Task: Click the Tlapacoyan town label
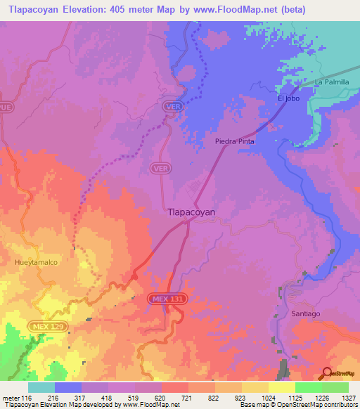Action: (x=191, y=211)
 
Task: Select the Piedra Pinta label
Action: (x=234, y=141)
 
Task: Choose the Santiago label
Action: (x=304, y=314)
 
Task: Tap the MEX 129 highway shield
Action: (x=49, y=327)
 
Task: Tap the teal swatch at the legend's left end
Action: (x=41, y=387)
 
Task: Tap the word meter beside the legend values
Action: (x=13, y=398)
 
